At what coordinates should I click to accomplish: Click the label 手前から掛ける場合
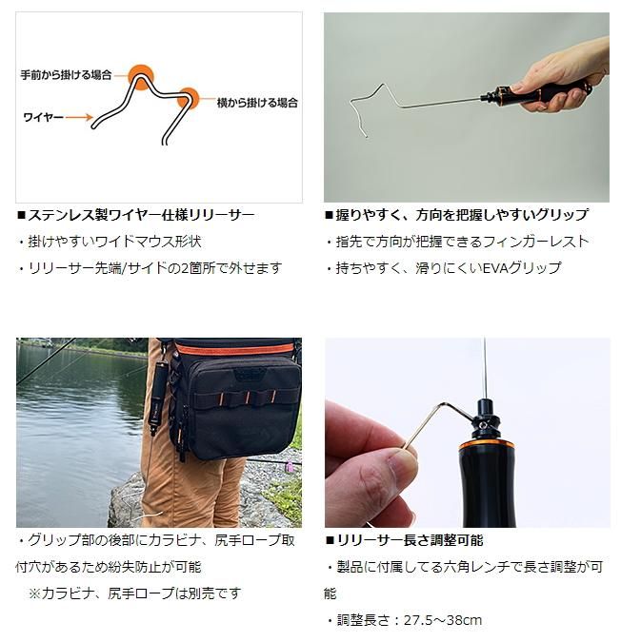[x=66, y=75]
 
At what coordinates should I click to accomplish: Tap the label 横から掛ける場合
[x=257, y=103]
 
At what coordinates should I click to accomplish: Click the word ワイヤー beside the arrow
[x=44, y=118]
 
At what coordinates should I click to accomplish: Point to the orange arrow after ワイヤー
[x=79, y=118]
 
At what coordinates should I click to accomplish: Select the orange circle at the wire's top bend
[x=141, y=77]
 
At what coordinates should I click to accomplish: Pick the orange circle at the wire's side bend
[x=189, y=99]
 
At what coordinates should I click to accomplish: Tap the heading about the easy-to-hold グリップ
[x=456, y=215]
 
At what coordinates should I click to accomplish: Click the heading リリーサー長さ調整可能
[x=405, y=540]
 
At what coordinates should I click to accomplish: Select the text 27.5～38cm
[x=443, y=620]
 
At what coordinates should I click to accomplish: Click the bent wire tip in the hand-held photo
[x=366, y=135]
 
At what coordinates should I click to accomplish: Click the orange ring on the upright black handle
[x=487, y=445]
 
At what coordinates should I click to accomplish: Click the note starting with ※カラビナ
[x=134, y=593]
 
